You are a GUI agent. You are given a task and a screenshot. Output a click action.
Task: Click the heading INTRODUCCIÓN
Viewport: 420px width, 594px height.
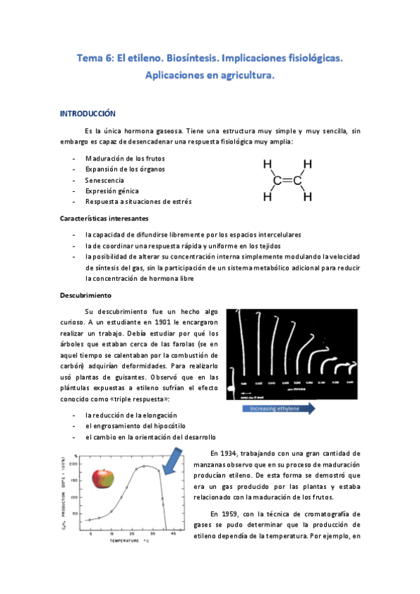87,113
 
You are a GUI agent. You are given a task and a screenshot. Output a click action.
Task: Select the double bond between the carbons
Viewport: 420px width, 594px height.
287,181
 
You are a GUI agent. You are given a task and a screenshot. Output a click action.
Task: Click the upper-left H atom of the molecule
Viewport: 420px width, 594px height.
267,165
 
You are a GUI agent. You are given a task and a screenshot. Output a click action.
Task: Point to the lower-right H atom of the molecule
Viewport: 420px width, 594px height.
307,197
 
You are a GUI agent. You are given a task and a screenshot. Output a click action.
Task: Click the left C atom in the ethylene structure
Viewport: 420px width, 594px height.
277,181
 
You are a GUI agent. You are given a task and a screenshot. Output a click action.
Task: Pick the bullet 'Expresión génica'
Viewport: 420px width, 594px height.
112,191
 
